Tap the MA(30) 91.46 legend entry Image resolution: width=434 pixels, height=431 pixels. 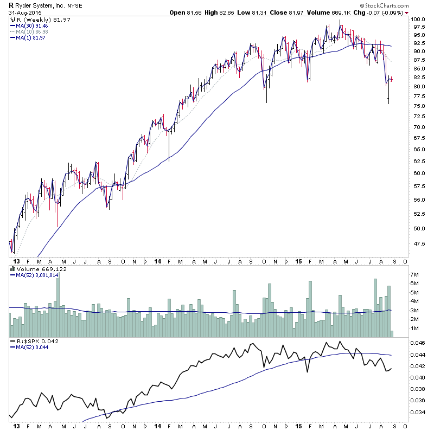point(32,25)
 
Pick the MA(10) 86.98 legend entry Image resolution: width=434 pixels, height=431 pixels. point(32,31)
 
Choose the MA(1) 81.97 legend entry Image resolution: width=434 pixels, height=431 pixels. point(30,37)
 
